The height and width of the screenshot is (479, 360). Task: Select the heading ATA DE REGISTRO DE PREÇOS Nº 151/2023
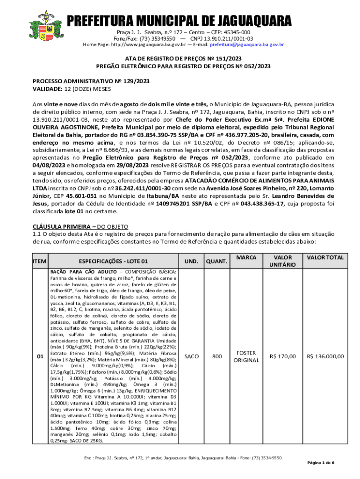coord(180,58)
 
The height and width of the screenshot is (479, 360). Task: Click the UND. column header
coord(191,261)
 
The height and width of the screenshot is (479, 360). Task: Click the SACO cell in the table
coord(191,357)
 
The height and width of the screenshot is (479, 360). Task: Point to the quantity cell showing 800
coord(217,357)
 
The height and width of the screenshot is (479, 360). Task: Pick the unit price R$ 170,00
coord(282,357)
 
